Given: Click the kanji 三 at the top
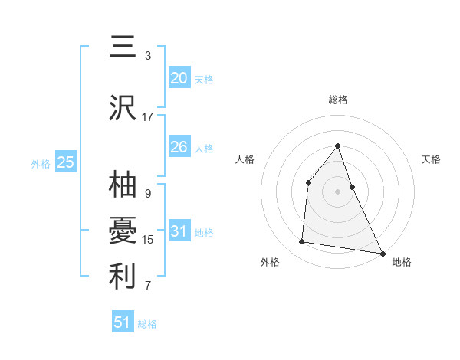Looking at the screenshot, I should click(x=123, y=47).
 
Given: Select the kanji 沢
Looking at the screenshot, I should click(x=123, y=108).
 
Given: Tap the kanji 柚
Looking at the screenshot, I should click(x=123, y=185).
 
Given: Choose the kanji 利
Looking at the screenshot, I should click(x=123, y=277).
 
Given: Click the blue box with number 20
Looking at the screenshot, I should click(x=179, y=78).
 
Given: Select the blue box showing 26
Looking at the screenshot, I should click(x=179, y=147).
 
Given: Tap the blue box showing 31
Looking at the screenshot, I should click(x=179, y=231).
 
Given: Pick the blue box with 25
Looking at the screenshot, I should click(x=66, y=162).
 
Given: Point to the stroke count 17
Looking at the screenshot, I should click(x=148, y=117).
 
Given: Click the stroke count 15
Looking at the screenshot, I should click(x=148, y=240).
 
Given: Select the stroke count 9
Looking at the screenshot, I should click(x=148, y=194).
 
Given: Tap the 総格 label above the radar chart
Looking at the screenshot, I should click(x=338, y=100).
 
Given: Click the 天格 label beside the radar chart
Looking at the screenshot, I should click(x=432, y=159).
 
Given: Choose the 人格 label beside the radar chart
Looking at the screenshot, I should click(x=245, y=159).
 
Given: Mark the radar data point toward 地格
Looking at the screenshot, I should click(x=383, y=253).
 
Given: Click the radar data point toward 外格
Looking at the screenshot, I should click(x=302, y=242).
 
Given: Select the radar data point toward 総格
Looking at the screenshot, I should click(x=338, y=146).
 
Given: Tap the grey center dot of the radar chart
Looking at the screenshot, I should click(x=338, y=191).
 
